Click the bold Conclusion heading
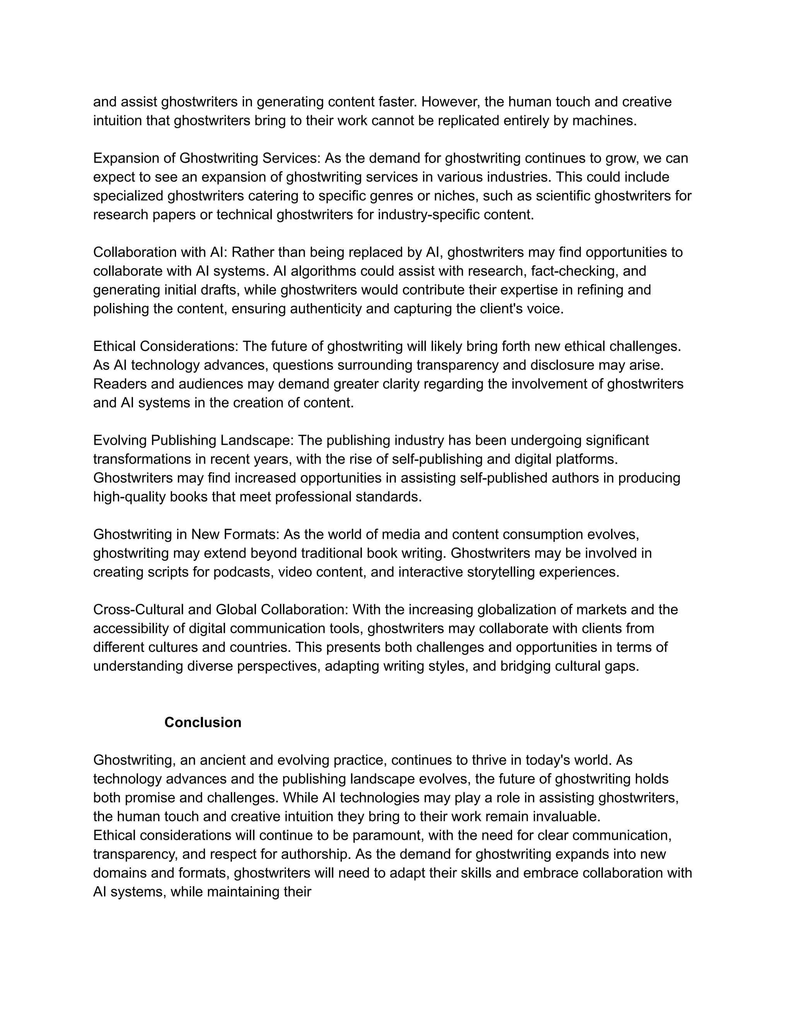[x=203, y=722]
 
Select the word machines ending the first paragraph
[x=604, y=121]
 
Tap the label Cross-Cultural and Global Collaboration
[x=220, y=609]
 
